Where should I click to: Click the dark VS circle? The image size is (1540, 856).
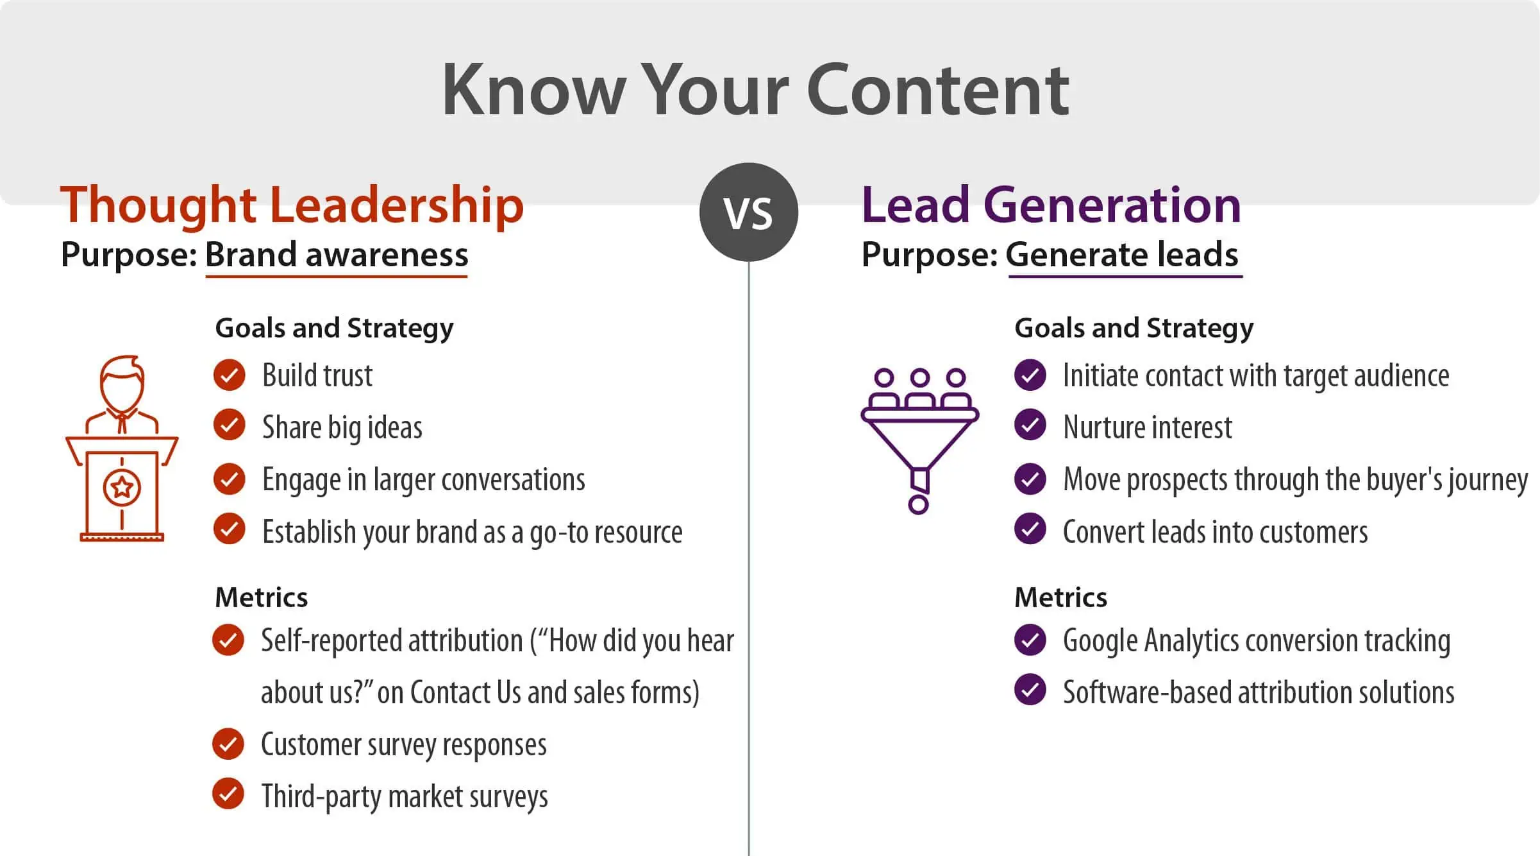(749, 212)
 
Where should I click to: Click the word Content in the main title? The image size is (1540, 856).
(937, 90)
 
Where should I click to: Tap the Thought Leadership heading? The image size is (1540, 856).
(292, 205)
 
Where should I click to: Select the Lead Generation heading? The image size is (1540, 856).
(1051, 205)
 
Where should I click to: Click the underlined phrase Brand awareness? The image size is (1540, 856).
(337, 255)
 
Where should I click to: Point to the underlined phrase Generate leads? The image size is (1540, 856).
(1122, 255)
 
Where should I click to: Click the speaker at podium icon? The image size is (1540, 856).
(122, 449)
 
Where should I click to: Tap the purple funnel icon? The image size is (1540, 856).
(919, 441)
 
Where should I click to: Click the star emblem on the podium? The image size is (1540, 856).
(122, 488)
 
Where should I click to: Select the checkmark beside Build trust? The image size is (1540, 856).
(230, 375)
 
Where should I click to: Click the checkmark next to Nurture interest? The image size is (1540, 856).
(1030, 425)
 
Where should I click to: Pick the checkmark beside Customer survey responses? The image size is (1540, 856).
(228, 744)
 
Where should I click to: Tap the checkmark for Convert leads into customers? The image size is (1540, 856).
(1030, 529)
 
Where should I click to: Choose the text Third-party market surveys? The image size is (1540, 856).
(405, 797)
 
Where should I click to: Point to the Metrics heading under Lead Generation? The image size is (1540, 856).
(1060, 597)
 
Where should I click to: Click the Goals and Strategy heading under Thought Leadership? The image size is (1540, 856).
(334, 329)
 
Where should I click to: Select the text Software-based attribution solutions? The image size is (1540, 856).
(1259, 693)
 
